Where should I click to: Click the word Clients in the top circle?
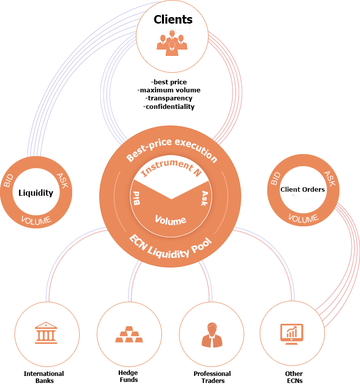pyautogui.click(x=173, y=20)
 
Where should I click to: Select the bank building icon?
pyautogui.click(x=46, y=333)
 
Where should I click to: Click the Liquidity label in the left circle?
pyautogui.click(x=36, y=193)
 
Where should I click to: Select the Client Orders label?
pyautogui.click(x=302, y=190)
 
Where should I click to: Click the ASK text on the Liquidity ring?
pyautogui.click(x=64, y=181)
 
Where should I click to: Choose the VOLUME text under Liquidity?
pyautogui.click(x=36, y=220)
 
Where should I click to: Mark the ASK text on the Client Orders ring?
pyautogui.click(x=329, y=178)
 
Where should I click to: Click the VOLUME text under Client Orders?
pyautogui.click(x=303, y=219)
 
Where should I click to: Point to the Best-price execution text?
pyautogui.click(x=171, y=149)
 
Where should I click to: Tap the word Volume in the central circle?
pyautogui.click(x=170, y=220)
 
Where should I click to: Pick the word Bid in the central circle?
pyautogui.click(x=136, y=197)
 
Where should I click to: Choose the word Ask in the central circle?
pyautogui.click(x=205, y=197)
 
